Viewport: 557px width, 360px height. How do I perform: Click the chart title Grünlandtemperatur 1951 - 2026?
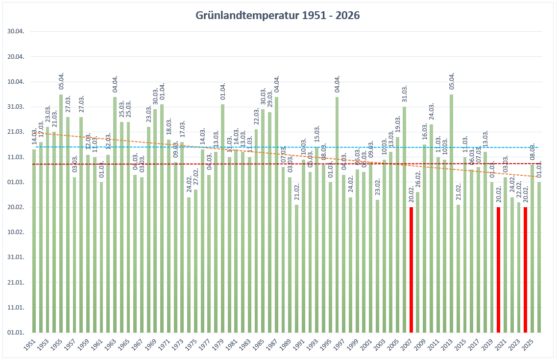click(x=278, y=16)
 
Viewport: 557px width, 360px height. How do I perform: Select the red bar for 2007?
click(x=411, y=269)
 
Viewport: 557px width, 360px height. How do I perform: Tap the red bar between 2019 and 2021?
click(x=499, y=269)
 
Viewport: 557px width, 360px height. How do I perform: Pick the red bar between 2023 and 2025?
click(x=526, y=269)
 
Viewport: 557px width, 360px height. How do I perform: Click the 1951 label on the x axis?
click(x=30, y=345)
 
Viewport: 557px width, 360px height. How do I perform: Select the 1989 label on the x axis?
click(x=286, y=345)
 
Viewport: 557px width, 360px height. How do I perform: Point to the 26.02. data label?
click(x=418, y=181)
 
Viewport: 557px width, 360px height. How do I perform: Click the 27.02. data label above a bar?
click(x=195, y=178)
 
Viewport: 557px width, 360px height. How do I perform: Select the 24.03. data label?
click(x=432, y=113)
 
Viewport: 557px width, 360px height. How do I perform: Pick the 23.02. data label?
click(x=378, y=189)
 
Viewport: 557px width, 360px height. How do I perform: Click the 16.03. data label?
click(x=425, y=133)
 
